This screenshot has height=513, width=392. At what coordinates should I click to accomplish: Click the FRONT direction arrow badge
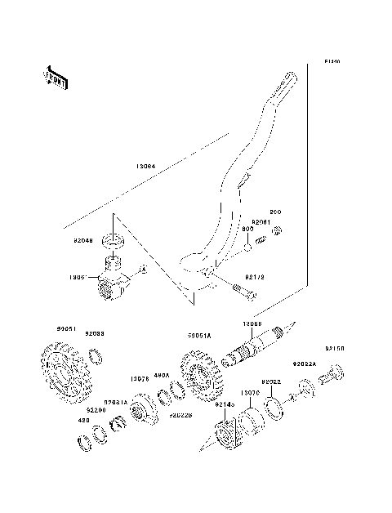(55, 77)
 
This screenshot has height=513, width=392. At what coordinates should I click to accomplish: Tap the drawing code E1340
(331, 61)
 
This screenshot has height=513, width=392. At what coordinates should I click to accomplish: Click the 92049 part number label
(84, 241)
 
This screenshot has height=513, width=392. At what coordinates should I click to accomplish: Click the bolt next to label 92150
(332, 378)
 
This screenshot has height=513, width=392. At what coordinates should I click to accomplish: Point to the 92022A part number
(305, 364)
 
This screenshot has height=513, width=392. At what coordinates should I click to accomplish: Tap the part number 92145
(225, 405)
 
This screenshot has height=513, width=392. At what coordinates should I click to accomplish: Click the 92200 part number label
(95, 410)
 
